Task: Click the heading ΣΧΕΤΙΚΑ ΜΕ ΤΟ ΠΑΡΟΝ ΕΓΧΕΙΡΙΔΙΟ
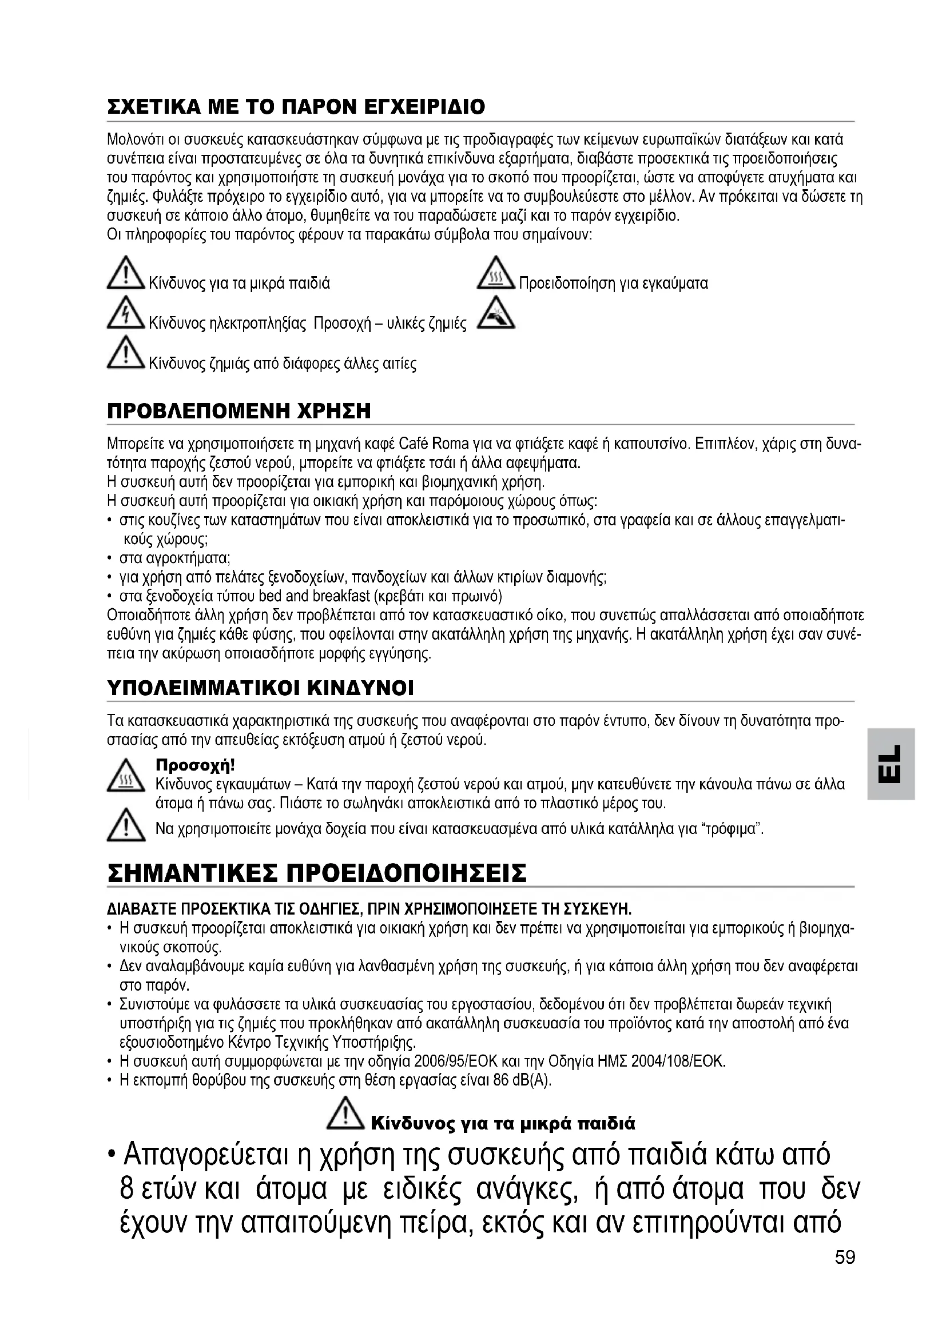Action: pyautogui.click(x=296, y=107)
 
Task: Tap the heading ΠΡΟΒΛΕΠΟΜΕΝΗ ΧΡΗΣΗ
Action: pyautogui.click(x=239, y=411)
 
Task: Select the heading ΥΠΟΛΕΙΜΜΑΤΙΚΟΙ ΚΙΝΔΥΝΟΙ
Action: pyautogui.click(x=260, y=688)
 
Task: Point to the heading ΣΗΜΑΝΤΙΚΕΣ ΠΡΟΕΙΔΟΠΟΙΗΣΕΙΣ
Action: pyautogui.click(x=317, y=873)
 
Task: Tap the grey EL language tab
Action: pyautogui.click(x=891, y=764)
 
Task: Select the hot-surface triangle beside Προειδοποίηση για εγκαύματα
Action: pyautogui.click(x=495, y=274)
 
